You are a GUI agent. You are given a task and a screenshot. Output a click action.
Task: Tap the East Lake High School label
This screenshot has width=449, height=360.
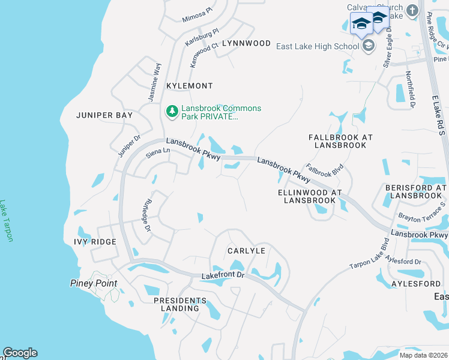(x=317, y=46)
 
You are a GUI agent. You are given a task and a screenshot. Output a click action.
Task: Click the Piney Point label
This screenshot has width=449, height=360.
(x=93, y=283)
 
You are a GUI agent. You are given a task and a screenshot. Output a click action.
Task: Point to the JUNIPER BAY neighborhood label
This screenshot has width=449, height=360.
(x=100, y=115)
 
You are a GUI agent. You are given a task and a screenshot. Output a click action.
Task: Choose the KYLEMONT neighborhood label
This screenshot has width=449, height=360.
(x=190, y=86)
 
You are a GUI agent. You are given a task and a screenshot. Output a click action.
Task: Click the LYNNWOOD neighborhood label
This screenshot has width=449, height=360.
(x=246, y=44)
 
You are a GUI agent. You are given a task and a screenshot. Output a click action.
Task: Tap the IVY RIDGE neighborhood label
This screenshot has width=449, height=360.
(x=95, y=242)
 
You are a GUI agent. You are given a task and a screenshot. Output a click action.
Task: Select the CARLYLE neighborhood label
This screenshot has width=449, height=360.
(x=246, y=250)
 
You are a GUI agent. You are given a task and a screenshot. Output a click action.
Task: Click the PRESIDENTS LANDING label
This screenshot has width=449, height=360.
(x=176, y=304)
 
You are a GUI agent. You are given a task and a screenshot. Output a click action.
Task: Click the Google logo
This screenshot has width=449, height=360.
(x=20, y=353)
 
